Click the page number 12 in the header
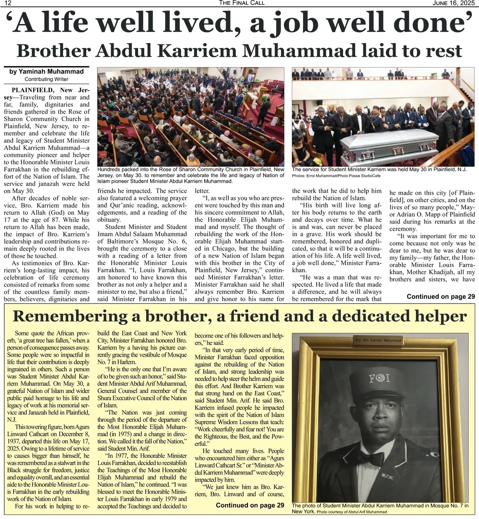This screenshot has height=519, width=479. pos(8,3)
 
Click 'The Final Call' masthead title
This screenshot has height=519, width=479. pos(241,3)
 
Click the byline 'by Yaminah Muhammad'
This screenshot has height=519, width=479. pos(46,72)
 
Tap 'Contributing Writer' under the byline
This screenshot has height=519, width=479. pos(46,79)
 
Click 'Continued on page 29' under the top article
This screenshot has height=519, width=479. pos(441,296)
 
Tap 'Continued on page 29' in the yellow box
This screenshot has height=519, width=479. pos(250,505)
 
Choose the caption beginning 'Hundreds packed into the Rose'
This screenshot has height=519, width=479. pos(191,175)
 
